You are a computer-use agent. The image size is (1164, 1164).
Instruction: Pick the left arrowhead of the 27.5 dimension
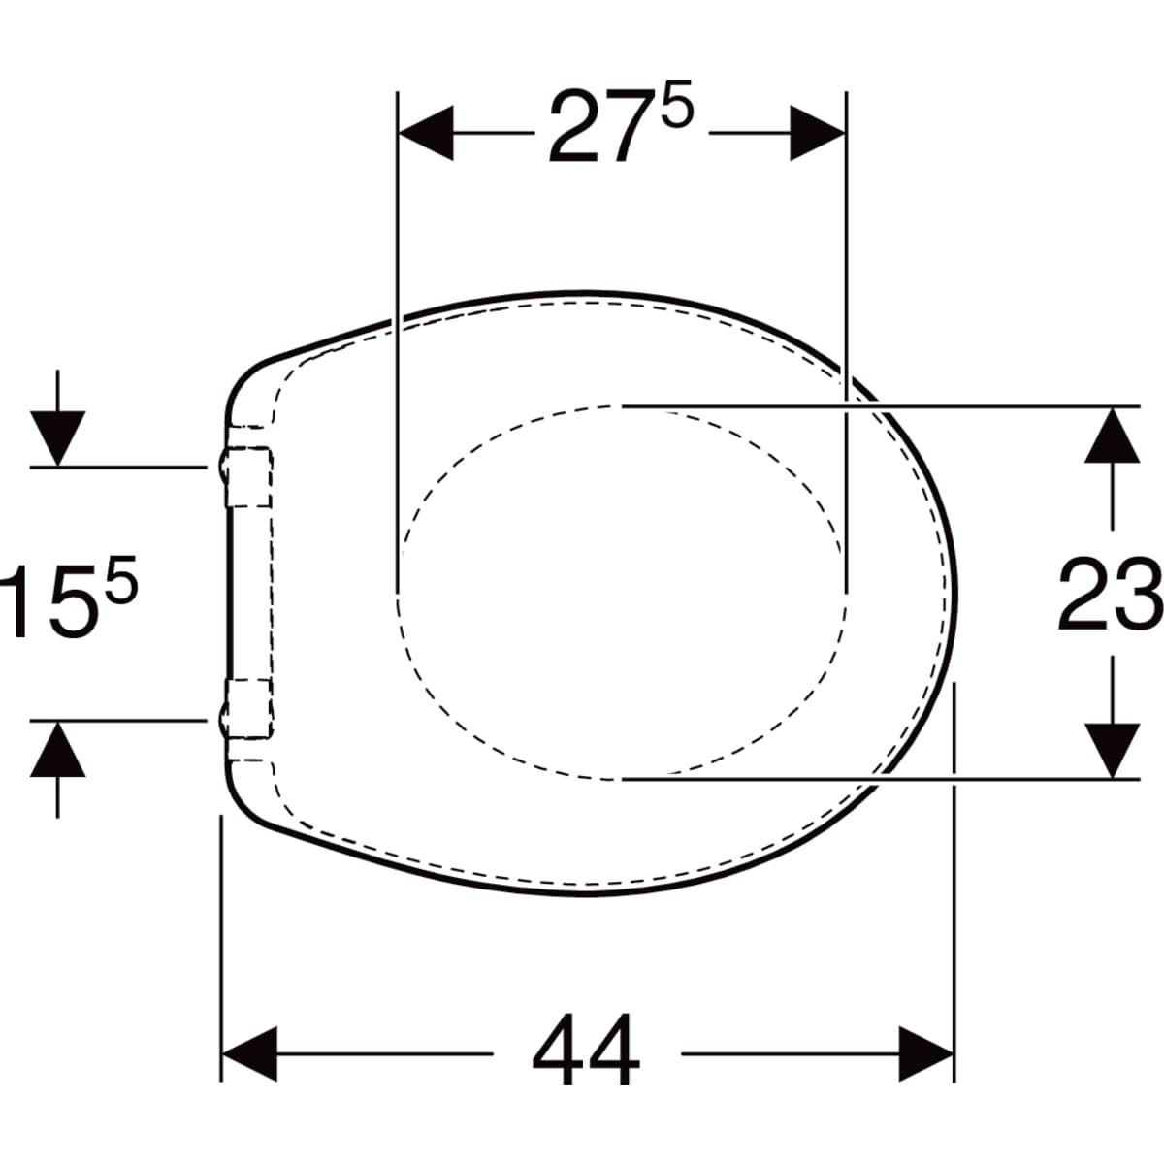[426, 133]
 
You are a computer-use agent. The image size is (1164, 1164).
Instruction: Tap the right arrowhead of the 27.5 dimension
[818, 133]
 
